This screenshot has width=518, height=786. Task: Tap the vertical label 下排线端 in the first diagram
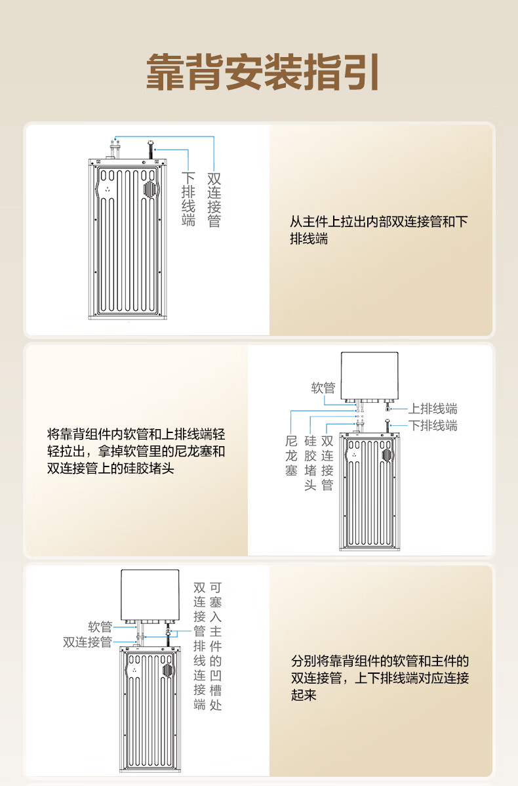[188, 199]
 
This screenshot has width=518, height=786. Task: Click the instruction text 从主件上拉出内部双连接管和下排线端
[379, 230]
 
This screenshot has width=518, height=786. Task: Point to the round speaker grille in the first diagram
[149, 189]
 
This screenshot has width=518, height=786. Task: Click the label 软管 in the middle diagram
[323, 388]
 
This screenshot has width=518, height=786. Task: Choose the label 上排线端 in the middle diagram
[433, 409]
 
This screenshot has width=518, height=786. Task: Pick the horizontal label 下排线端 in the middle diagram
[433, 426]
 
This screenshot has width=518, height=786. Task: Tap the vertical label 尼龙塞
[292, 456]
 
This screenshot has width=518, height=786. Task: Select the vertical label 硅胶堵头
[311, 463]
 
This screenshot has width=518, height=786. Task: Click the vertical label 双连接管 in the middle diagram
[327, 463]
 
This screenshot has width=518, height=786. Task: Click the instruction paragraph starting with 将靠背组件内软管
[136, 451]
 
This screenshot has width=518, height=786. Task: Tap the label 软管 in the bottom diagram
[100, 627]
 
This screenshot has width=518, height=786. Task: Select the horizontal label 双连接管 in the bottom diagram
[88, 642]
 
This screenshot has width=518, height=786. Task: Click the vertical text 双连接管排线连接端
[199, 646]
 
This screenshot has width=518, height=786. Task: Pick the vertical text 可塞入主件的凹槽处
[216, 646]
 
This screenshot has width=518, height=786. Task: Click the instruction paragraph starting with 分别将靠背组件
[380, 678]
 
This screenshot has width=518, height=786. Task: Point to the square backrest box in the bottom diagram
[149, 596]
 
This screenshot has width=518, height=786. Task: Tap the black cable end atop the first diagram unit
[149, 150]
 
